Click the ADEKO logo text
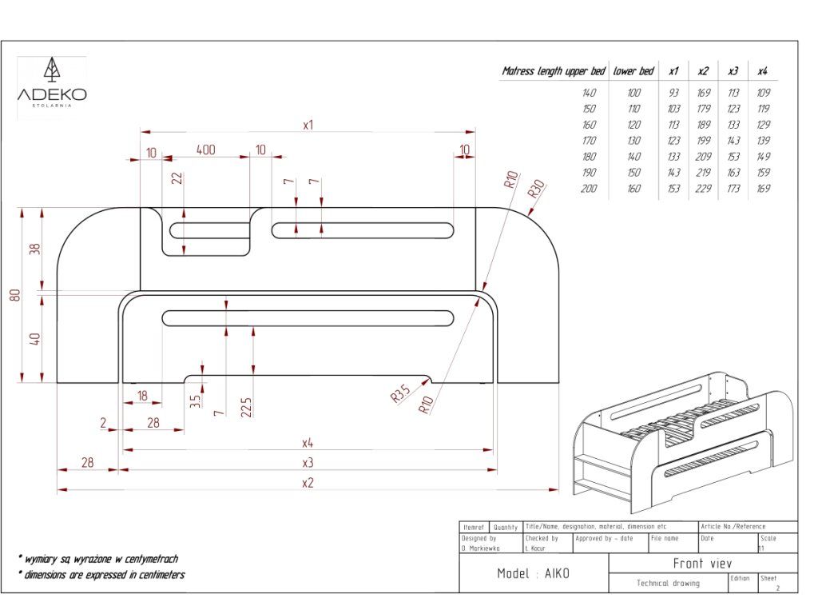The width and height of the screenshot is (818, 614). [x=52, y=94]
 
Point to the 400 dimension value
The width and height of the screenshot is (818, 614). [x=205, y=150]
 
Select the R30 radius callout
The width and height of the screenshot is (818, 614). [x=536, y=189]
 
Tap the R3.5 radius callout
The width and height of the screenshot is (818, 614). [x=401, y=393]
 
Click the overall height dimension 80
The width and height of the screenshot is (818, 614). [x=14, y=295]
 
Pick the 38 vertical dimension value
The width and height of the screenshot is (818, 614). [x=34, y=249]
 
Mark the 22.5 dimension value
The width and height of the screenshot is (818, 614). [x=246, y=407]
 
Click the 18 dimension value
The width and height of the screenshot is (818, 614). [x=142, y=396]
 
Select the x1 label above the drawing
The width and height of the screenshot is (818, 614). [x=308, y=125]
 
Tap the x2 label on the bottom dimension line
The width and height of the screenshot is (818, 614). [x=308, y=482]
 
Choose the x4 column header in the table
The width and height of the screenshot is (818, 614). [x=763, y=71]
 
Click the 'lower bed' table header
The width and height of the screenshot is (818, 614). [x=633, y=71]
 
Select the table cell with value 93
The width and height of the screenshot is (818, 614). [x=674, y=93]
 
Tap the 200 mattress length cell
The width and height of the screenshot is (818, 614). [x=589, y=189]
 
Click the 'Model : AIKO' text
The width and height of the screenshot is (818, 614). [x=534, y=574]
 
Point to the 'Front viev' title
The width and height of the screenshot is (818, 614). [x=703, y=564]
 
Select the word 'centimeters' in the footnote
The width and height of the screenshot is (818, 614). [x=157, y=575]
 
